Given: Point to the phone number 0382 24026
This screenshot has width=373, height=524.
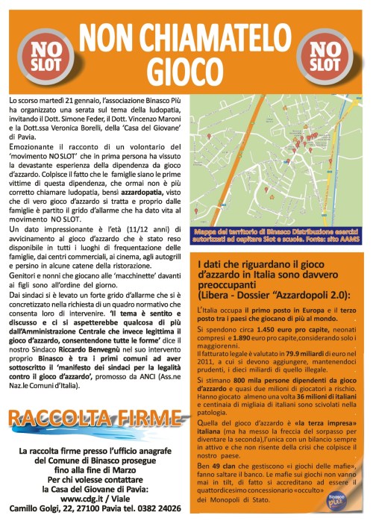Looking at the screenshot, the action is [x=159, y=508].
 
